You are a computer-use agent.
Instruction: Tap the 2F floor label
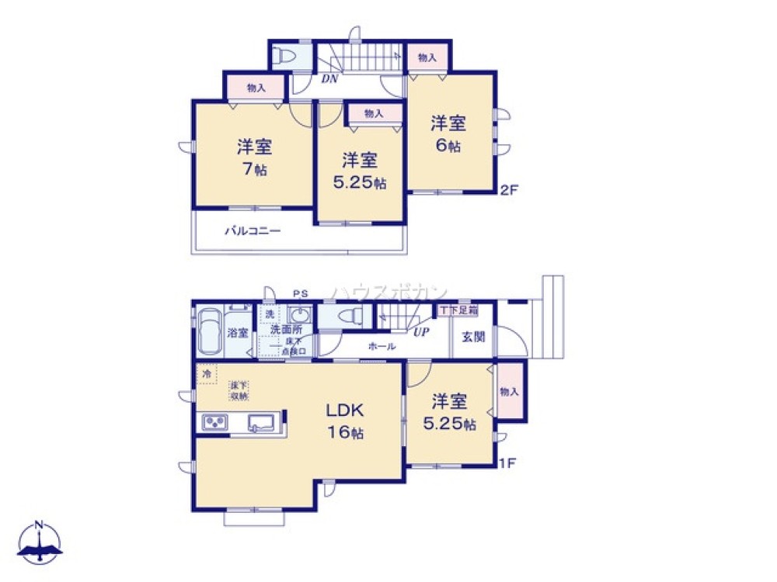tap(510, 189)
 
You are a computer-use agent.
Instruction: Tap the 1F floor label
tap(507, 464)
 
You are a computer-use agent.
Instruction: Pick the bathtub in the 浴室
tap(208, 331)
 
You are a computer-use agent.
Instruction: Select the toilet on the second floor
tap(284, 55)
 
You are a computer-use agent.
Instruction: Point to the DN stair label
tap(329, 78)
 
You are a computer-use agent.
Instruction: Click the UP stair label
tap(421, 332)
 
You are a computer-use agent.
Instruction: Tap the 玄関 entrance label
tap(472, 337)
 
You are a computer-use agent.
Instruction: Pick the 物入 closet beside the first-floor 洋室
tap(509, 392)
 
